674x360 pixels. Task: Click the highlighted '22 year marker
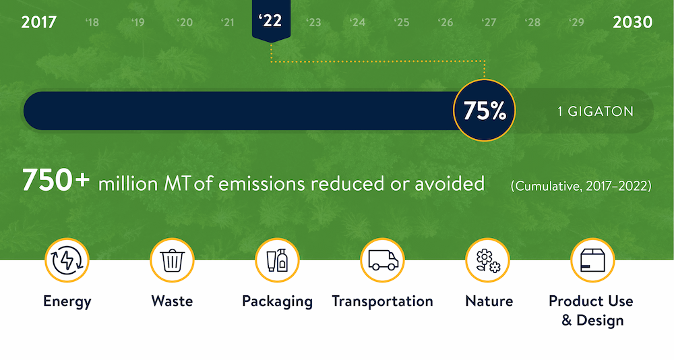click(x=271, y=20)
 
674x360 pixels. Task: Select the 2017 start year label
click(x=38, y=22)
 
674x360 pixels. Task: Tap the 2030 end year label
click(x=632, y=22)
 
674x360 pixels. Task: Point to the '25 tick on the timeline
click(x=402, y=22)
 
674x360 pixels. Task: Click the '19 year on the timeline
click(x=137, y=22)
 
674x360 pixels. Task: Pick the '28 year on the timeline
click(x=532, y=22)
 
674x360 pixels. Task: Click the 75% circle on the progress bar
click(x=485, y=111)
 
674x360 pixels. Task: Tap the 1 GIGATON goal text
click(x=595, y=111)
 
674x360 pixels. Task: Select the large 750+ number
click(x=56, y=180)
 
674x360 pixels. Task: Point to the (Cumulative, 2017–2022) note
click(x=581, y=186)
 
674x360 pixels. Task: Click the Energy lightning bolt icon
click(x=67, y=260)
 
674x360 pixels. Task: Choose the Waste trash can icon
click(x=172, y=260)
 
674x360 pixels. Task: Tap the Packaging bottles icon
click(x=277, y=260)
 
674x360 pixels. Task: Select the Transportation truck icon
click(x=382, y=260)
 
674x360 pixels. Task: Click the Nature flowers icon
click(x=487, y=260)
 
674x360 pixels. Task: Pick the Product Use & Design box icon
click(x=592, y=260)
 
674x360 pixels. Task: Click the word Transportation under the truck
click(x=382, y=301)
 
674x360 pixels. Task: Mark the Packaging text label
click(x=277, y=302)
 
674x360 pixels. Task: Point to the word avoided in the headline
click(x=450, y=184)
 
